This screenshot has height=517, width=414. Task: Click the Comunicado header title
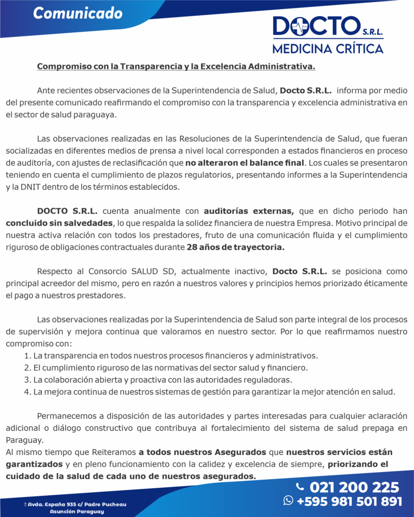coord(78,13)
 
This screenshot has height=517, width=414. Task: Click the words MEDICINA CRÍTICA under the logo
coord(328,48)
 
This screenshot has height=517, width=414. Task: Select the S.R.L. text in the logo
coord(373,32)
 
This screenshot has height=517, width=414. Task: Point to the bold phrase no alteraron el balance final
coord(245,163)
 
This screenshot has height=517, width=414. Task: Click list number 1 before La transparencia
coord(27,356)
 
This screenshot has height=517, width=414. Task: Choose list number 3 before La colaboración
coord(27,380)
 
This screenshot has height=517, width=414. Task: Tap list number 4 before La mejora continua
coord(27,392)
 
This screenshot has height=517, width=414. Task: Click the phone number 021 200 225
coord(354,487)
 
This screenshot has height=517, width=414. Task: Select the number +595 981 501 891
coord(349,501)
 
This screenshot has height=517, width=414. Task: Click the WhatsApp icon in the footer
coord(288,500)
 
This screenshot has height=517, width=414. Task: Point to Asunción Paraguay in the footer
coord(77,511)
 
